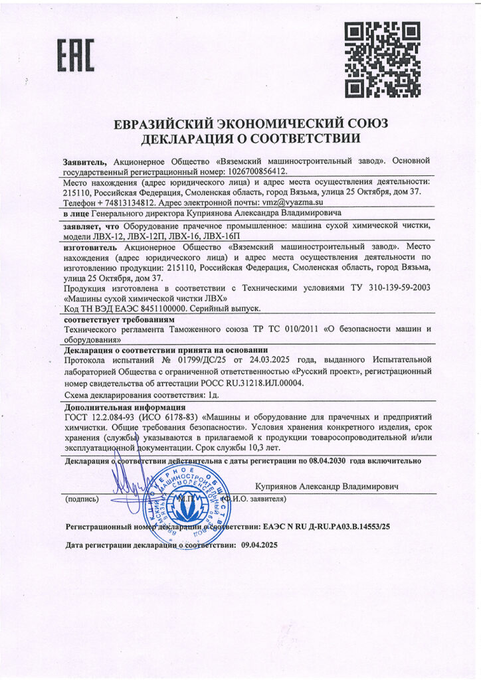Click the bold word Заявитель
tap(85, 160)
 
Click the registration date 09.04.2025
tap(256, 545)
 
